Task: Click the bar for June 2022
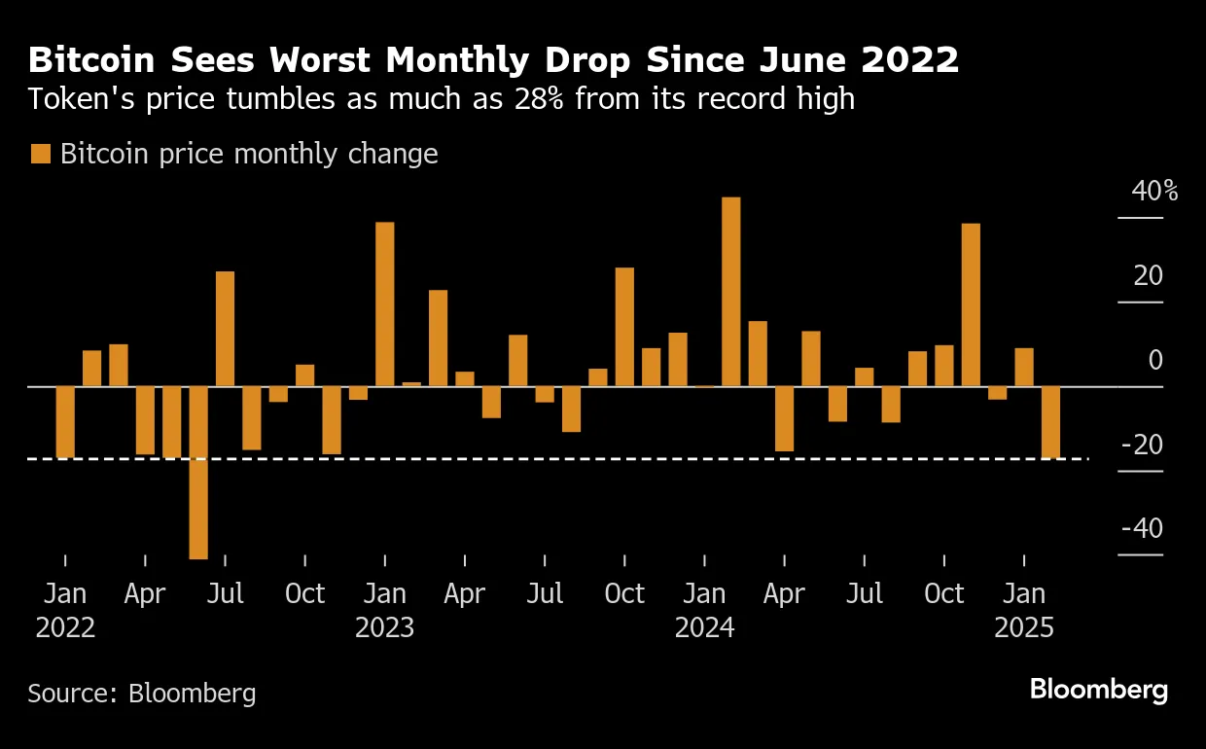[198, 473]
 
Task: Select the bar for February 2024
[731, 292]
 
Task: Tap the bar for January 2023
[385, 304]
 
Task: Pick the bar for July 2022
[225, 329]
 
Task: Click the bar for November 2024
[971, 305]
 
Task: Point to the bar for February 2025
[1050, 422]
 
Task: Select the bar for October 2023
[624, 327]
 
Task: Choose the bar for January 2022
[65, 422]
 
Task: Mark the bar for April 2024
[784, 419]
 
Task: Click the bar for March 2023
[438, 339]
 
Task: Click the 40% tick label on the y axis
[1153, 192]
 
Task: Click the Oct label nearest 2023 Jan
[304, 593]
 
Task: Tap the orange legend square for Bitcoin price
[40, 154]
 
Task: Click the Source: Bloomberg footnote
[142, 694]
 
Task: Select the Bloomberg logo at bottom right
[1098, 691]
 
